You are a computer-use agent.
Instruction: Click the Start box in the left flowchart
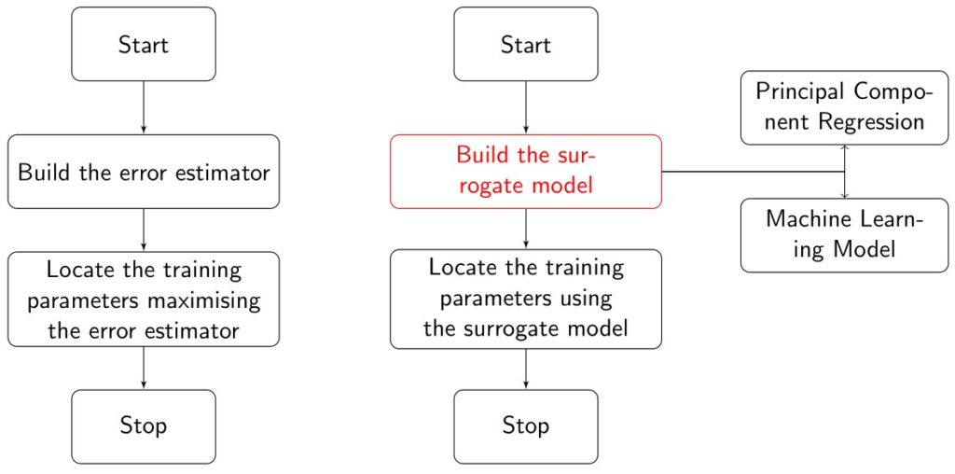(143, 44)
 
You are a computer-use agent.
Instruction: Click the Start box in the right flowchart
(526, 44)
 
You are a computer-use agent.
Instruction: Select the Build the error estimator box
(143, 172)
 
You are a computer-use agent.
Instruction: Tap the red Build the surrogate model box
(526, 171)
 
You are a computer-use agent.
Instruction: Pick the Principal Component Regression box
(844, 107)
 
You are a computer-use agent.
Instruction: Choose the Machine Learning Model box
(844, 234)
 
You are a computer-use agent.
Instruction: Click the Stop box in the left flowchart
(143, 426)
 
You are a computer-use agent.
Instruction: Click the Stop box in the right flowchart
(526, 426)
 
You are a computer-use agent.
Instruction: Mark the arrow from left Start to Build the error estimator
(143, 107)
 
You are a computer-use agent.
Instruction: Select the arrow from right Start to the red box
(526, 107)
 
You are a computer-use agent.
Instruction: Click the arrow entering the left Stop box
(143, 368)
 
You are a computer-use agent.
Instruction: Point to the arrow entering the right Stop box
(526, 369)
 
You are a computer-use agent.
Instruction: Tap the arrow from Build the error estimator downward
(143, 230)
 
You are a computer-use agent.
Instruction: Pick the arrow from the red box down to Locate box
(526, 228)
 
